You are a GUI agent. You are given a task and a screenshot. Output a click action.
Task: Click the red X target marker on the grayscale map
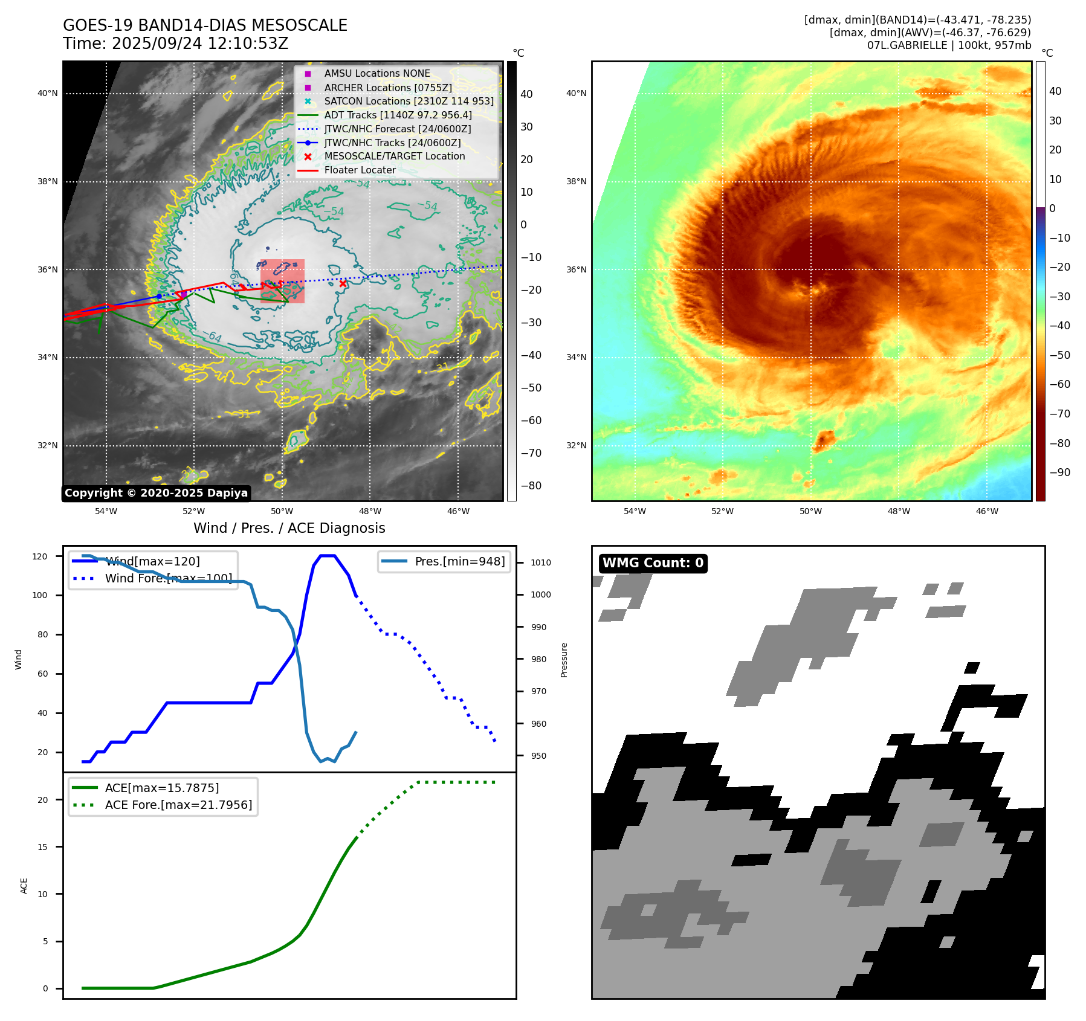click(343, 283)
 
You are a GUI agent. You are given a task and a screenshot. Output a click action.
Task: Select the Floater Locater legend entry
click(360, 170)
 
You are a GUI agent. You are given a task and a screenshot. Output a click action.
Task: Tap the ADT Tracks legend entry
click(398, 115)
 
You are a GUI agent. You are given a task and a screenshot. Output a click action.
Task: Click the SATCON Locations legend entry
click(409, 101)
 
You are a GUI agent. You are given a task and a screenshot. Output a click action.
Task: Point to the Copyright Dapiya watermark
click(156, 493)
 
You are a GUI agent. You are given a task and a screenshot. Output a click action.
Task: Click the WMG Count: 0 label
click(653, 563)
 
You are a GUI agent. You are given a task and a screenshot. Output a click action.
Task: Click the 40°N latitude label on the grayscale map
click(48, 94)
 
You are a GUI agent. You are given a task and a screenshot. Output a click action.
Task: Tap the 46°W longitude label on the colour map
click(987, 511)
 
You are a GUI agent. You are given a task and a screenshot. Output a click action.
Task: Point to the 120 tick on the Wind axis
click(40, 556)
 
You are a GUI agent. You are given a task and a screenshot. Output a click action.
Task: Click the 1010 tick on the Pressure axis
click(540, 562)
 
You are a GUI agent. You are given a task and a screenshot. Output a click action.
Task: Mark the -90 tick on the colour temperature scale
click(1059, 472)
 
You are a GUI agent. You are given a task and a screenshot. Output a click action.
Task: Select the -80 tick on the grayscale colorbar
click(531, 486)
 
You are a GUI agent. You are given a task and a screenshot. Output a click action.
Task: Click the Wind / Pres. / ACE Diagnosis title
click(289, 528)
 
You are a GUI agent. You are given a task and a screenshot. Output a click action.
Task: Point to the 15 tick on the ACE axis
click(42, 847)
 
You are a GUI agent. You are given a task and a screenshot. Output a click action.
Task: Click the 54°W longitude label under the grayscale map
click(106, 511)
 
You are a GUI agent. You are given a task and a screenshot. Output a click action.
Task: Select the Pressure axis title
click(564, 660)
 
